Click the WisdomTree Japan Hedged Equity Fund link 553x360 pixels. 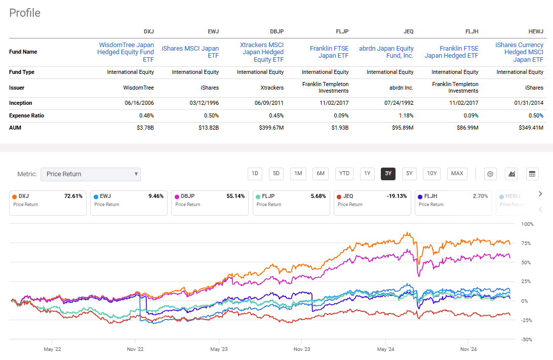[x=126, y=52]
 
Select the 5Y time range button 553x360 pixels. [x=409, y=174]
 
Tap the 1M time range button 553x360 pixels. [x=298, y=174]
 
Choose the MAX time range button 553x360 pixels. [x=457, y=174]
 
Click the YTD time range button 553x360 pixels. [x=344, y=174]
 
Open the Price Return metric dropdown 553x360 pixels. [x=91, y=174]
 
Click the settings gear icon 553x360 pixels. [x=490, y=174]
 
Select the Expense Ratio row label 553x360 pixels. [x=26, y=115]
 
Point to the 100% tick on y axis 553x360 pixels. [x=527, y=224]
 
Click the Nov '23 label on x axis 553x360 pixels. [x=302, y=349]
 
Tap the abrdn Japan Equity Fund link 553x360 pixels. [x=386, y=52]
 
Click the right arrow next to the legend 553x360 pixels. [x=540, y=193]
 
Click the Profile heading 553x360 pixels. [x=25, y=13]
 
